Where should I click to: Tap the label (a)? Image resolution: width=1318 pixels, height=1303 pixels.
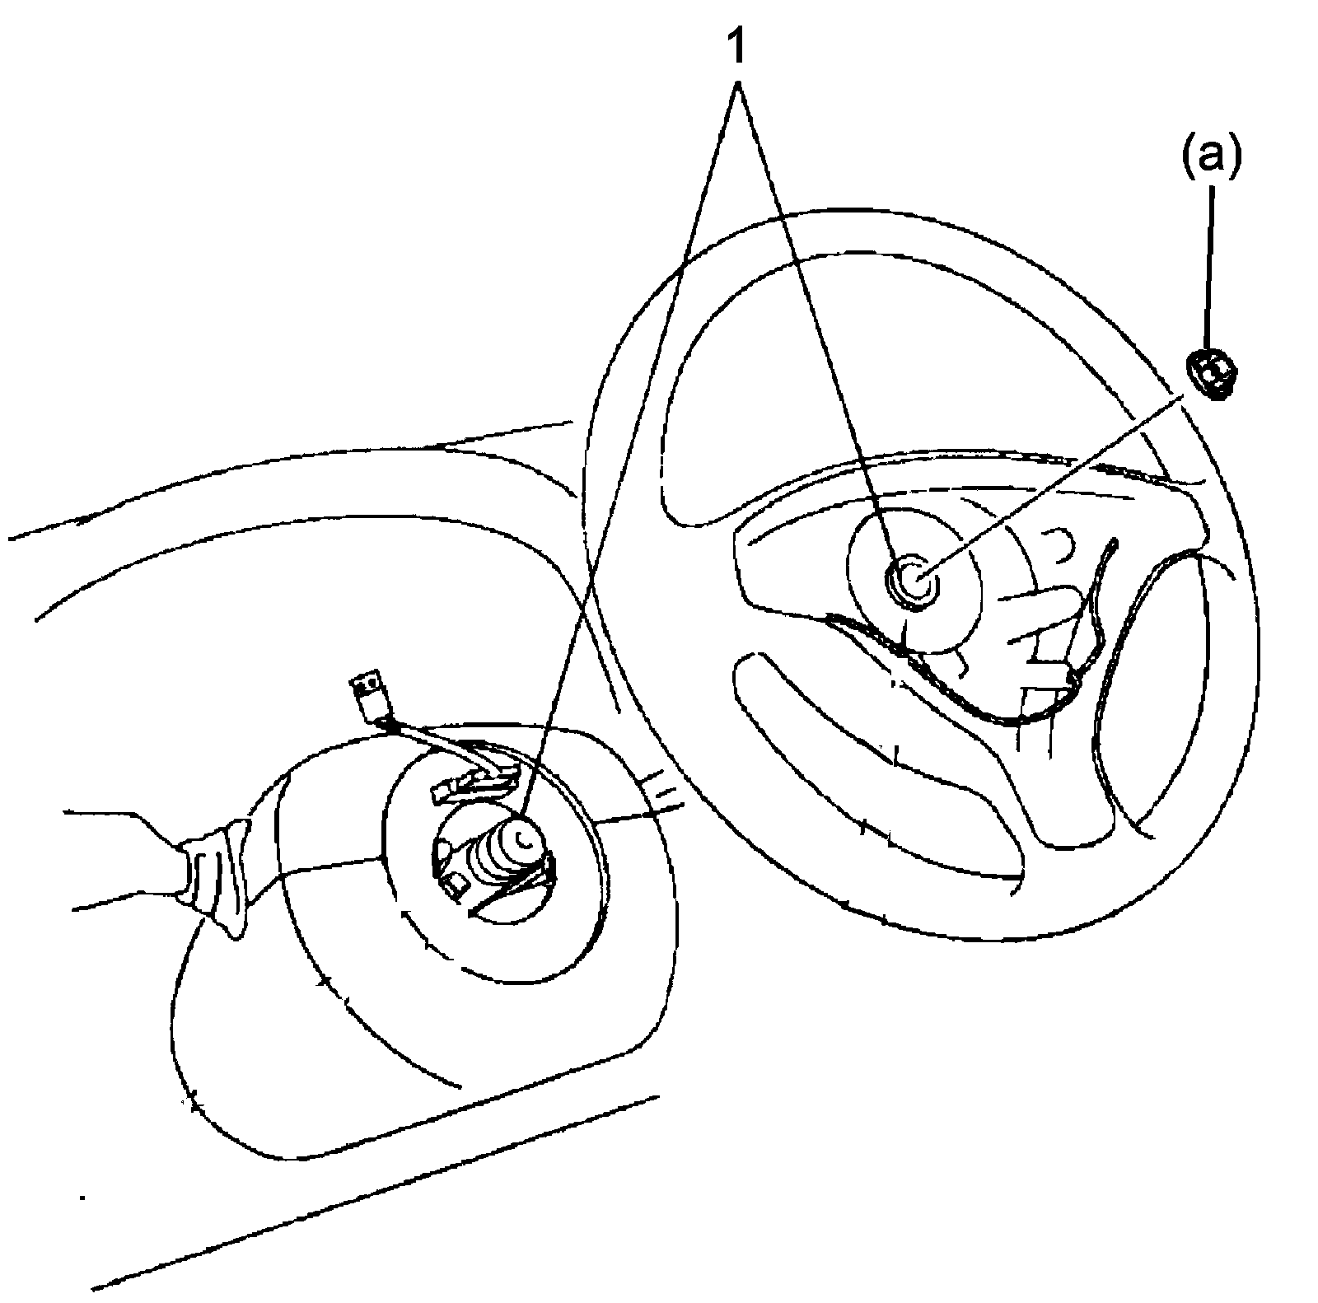[1211, 156]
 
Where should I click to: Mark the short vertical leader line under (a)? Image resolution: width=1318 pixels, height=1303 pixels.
[1210, 264]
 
